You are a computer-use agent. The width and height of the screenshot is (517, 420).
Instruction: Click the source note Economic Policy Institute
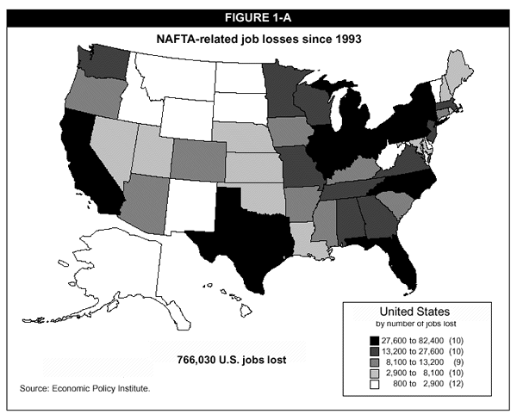(x=85, y=390)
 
